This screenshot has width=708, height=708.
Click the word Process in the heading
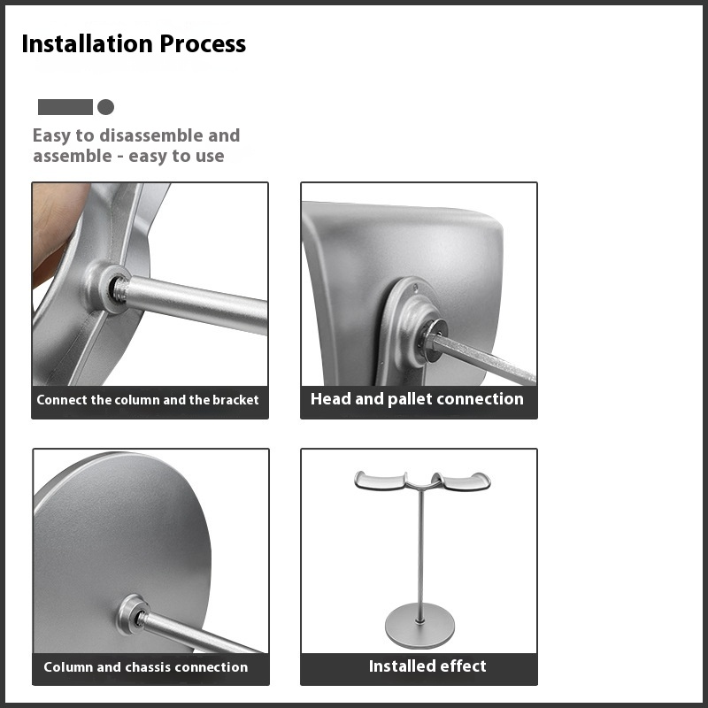[203, 43]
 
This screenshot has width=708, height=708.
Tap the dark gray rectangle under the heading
[65, 107]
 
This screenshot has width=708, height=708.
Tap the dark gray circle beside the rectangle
[105, 107]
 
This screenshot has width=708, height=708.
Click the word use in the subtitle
[210, 157]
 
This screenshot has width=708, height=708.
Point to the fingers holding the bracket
[57, 230]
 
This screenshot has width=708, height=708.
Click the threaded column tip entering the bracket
[120, 289]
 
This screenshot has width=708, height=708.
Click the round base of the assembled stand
[419, 626]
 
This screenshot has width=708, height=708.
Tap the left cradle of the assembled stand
[381, 481]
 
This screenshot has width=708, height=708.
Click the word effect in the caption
[463, 666]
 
